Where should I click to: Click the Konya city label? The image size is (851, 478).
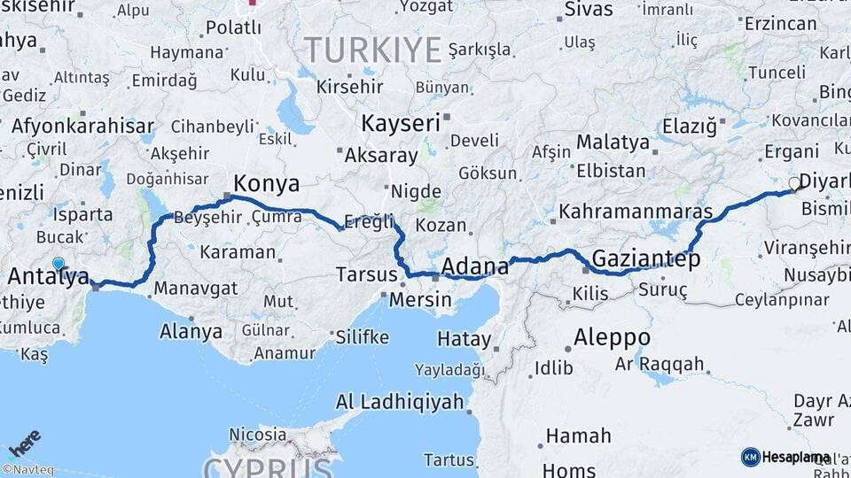(265, 184)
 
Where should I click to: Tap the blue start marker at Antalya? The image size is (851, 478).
(59, 264)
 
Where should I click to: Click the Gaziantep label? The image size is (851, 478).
(645, 259)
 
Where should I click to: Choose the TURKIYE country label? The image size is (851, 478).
(372, 50)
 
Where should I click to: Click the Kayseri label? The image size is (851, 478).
(401, 122)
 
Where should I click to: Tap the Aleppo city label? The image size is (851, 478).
(612, 337)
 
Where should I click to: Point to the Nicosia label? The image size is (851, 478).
(258, 434)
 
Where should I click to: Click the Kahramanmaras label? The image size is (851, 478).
(636, 212)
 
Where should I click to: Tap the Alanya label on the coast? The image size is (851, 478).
(191, 332)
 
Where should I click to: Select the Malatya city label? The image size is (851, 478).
(613, 142)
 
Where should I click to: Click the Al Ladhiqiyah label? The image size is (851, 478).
(400, 402)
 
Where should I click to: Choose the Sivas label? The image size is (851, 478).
(589, 10)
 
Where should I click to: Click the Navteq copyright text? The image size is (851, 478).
(27, 470)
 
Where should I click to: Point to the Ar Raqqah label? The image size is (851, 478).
(660, 364)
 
